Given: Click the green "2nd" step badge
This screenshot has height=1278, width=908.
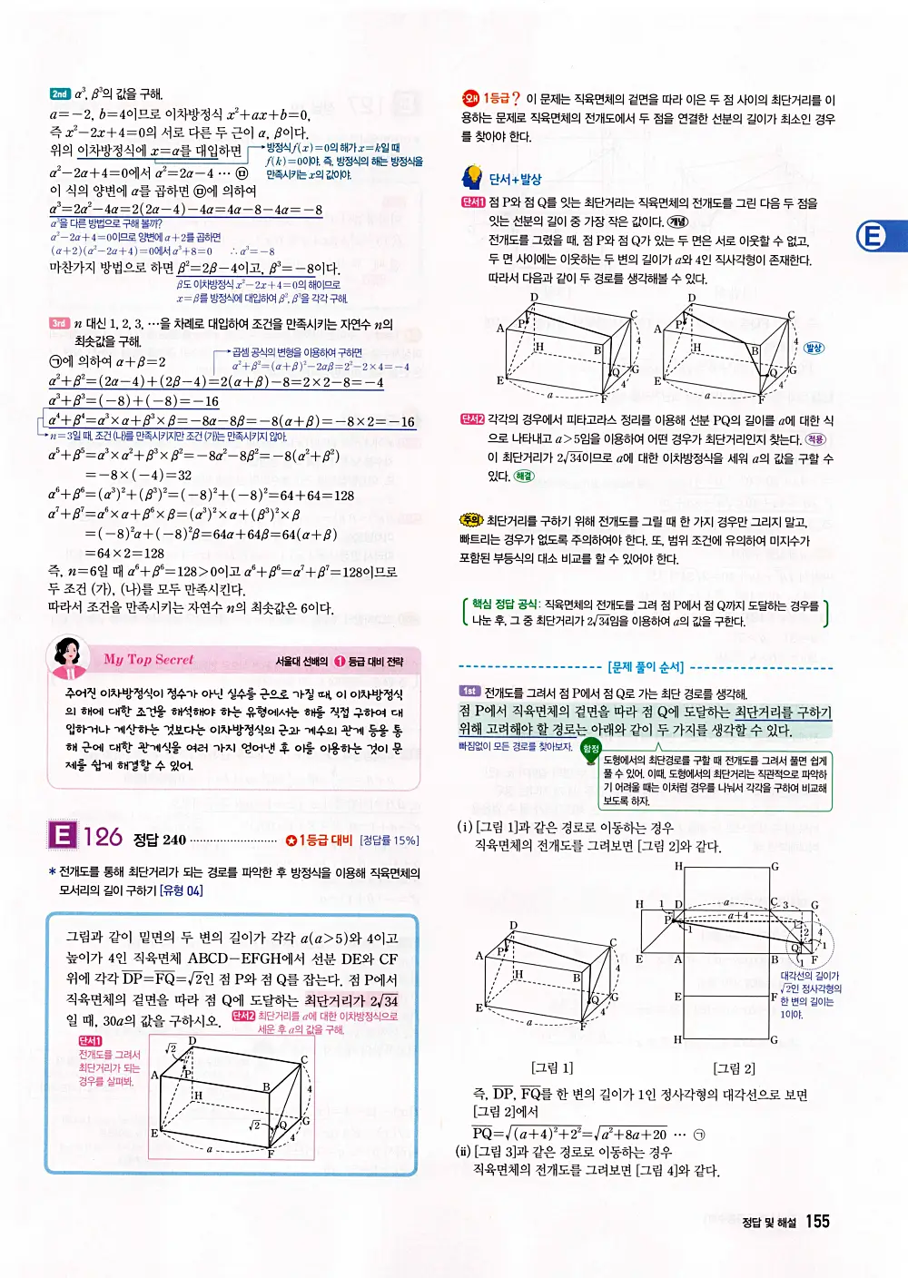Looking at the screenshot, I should pyautogui.click(x=60, y=93).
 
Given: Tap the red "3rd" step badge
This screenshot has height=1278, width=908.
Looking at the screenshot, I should pyautogui.click(x=59, y=323).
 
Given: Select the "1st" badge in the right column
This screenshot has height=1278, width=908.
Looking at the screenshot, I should pyautogui.click(x=469, y=692).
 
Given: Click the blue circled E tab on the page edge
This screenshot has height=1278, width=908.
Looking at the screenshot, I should pyautogui.click(x=873, y=237).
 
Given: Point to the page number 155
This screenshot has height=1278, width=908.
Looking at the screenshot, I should pyautogui.click(x=817, y=1222).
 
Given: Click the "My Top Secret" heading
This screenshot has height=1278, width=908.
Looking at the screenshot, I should pyautogui.click(x=148, y=660).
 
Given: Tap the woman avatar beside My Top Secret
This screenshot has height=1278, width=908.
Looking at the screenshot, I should pyautogui.click(x=67, y=657).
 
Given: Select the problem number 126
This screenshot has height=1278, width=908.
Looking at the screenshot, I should pyautogui.click(x=103, y=837).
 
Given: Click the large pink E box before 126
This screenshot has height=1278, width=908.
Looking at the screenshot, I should pyautogui.click(x=62, y=835).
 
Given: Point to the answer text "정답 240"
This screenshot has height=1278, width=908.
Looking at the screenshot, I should pyautogui.click(x=160, y=840).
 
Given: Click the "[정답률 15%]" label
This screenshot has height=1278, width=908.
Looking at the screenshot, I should pyautogui.click(x=390, y=841).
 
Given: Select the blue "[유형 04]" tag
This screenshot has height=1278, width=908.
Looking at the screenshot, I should pyautogui.click(x=182, y=890).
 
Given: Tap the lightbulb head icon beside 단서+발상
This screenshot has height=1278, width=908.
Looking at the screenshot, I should pyautogui.click(x=472, y=177).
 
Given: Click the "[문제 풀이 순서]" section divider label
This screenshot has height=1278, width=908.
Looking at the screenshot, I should pyautogui.click(x=646, y=667).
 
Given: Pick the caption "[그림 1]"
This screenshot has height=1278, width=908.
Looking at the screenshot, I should pyautogui.click(x=552, y=1067).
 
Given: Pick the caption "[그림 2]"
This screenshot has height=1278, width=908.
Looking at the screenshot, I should pyautogui.click(x=734, y=1068).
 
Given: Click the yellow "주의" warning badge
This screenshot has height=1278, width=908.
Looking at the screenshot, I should pyautogui.click(x=471, y=521).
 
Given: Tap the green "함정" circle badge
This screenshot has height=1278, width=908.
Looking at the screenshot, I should pyautogui.click(x=591, y=748).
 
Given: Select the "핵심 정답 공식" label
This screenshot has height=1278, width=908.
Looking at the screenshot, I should pyautogui.click(x=505, y=605).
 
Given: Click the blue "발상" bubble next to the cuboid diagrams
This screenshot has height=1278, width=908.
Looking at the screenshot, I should pyautogui.click(x=814, y=348).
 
